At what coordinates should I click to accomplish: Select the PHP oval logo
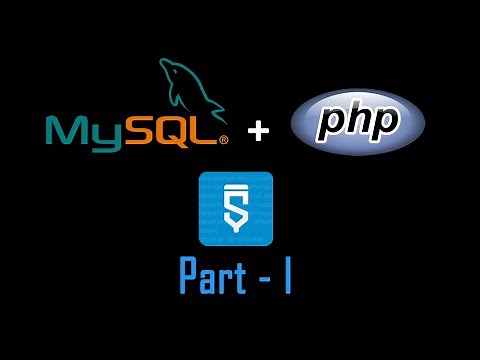pyautogui.click(x=357, y=123)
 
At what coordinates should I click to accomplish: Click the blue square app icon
pyautogui.click(x=236, y=209)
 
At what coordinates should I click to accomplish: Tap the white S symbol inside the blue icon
pyautogui.click(x=236, y=210)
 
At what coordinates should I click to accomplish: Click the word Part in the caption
pyautogui.click(x=214, y=277)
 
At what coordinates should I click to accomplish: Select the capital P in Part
pyautogui.click(x=189, y=276)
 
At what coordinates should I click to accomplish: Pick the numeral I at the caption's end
pyautogui.click(x=287, y=276)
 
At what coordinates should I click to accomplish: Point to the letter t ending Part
pyautogui.click(x=241, y=277)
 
